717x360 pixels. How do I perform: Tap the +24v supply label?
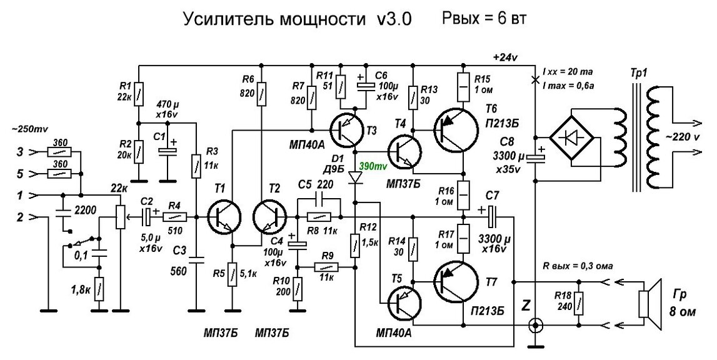[505, 57]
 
